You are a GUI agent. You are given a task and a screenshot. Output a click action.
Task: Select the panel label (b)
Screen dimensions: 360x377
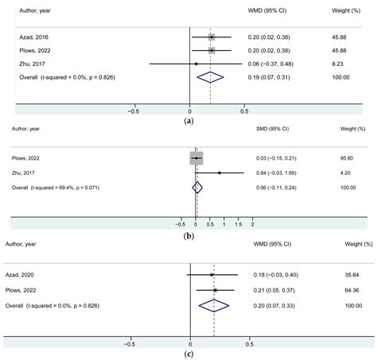point(188,235)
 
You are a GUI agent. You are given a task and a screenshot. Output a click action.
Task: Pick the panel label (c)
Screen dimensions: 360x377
point(188,353)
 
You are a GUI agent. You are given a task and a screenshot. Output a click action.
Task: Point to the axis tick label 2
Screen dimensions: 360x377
point(253,223)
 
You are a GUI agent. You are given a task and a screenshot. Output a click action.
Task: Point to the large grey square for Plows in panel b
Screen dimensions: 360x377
point(196,159)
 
